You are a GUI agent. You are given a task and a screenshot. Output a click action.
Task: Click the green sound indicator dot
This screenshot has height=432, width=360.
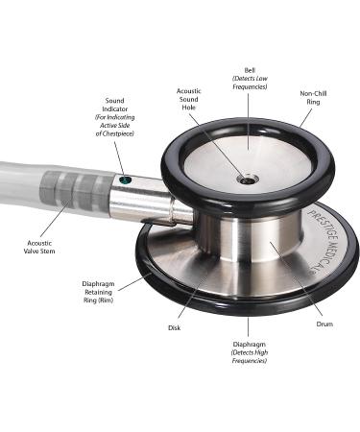125,180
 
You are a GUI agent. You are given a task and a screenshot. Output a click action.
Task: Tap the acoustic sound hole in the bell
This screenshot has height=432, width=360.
247,180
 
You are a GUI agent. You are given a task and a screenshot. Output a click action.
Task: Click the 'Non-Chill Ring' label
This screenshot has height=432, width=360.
313,98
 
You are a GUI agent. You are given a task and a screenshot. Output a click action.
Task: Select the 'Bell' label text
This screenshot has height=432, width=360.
250,70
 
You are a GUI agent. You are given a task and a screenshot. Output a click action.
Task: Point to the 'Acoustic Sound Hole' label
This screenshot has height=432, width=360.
189,99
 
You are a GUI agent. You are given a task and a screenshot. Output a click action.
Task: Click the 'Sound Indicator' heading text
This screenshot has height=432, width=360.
115,105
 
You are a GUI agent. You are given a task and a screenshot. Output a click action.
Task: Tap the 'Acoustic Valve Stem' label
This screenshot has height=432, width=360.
39,247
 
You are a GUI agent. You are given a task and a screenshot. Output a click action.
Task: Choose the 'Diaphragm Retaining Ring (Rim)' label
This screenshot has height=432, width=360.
98,292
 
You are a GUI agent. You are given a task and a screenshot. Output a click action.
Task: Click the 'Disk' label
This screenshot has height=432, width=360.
174,327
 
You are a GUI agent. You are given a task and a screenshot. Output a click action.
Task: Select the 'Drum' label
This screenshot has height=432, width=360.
324,324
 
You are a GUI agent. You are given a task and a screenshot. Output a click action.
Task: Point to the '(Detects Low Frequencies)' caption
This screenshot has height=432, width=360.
250,83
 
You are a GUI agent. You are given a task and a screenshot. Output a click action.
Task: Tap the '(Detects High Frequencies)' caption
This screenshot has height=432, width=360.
250,356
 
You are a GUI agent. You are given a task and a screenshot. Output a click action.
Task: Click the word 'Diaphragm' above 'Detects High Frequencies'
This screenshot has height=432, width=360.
250,345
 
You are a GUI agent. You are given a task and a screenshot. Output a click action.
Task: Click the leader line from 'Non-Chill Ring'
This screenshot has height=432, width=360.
305,118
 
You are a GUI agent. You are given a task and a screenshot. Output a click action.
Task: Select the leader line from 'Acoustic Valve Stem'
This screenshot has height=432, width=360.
56,219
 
